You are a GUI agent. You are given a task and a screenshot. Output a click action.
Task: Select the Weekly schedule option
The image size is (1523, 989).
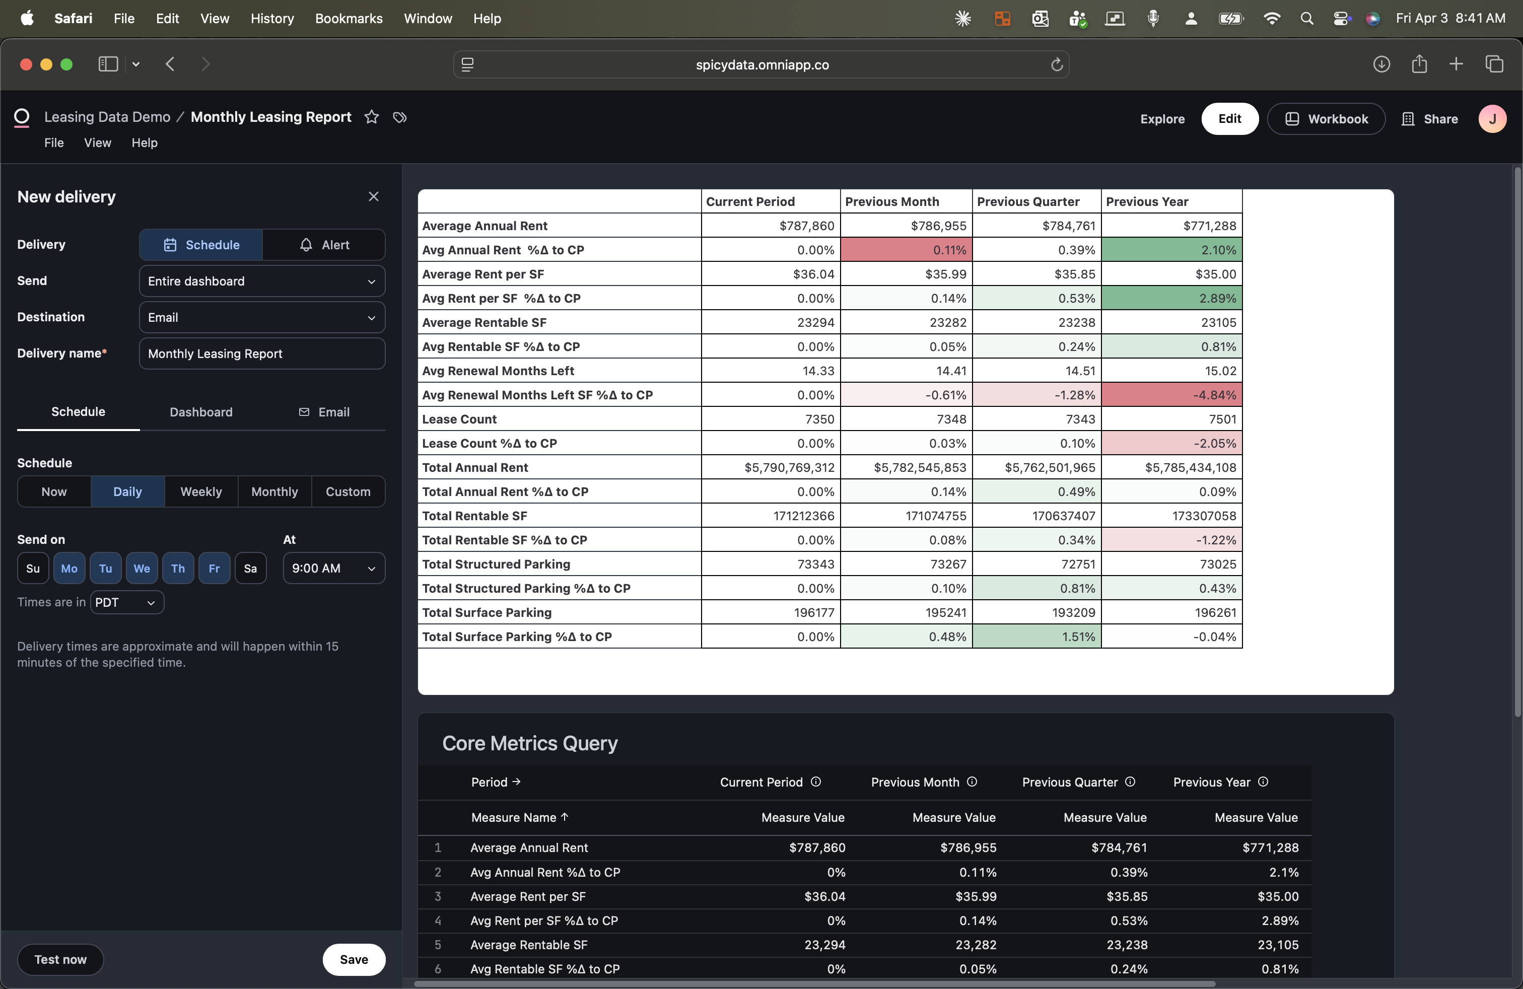point(201,491)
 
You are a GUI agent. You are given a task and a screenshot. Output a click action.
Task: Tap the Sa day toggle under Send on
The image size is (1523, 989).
point(250,568)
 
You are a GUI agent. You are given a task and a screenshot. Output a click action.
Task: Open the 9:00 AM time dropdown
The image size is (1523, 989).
point(333,568)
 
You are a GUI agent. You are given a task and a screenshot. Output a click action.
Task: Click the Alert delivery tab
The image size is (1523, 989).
point(324,245)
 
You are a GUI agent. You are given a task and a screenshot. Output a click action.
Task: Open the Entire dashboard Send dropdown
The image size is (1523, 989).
point(262,281)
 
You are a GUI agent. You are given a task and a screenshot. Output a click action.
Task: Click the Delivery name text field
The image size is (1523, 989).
point(262,354)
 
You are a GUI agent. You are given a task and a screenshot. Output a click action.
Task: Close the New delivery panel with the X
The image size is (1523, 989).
point(374,196)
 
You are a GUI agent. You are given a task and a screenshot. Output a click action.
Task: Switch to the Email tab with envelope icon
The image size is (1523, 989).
point(324,412)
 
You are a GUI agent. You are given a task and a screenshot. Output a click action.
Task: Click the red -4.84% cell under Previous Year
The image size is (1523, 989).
point(1171,395)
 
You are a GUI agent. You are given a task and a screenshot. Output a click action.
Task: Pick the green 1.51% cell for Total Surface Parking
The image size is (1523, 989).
point(1036,637)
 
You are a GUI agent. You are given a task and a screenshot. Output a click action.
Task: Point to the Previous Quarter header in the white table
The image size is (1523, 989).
point(1028,201)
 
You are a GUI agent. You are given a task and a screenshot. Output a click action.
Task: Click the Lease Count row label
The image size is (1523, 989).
point(459,419)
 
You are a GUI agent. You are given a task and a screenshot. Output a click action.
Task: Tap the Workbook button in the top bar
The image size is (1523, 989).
point(1326,119)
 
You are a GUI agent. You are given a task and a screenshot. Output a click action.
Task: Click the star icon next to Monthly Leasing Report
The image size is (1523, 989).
point(371,117)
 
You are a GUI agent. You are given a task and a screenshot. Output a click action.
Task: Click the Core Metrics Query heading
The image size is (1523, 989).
point(530,743)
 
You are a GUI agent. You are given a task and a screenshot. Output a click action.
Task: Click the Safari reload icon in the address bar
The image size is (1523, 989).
point(1057,64)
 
